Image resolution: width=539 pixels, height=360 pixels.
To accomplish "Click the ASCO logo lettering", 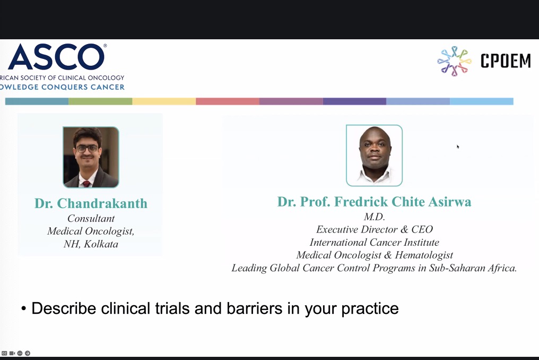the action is (57, 57).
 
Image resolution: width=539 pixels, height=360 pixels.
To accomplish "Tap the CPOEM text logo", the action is (505, 61).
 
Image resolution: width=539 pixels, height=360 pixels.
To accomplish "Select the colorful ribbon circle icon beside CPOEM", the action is (454, 61).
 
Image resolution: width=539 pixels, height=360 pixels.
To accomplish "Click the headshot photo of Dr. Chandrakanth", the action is (91, 157).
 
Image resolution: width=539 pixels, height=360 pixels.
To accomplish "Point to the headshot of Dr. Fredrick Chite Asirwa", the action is (374, 155).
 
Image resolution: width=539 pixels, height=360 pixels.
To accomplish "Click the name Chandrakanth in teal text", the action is (102, 203).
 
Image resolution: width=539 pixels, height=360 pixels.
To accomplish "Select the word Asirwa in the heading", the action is (450, 202).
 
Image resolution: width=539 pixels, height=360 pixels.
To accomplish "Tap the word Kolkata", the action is (101, 244).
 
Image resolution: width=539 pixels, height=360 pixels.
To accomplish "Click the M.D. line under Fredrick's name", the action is (375, 217).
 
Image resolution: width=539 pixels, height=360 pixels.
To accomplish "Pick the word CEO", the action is (422, 229).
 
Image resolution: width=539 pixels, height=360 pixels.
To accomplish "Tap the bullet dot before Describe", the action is (24, 308).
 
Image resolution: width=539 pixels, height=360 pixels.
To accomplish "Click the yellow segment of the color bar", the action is (164, 101).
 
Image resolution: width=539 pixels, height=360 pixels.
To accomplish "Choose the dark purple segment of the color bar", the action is (354, 101).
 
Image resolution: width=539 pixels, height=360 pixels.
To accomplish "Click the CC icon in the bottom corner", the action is (4, 353).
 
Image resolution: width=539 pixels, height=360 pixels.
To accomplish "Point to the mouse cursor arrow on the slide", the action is (458, 147).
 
